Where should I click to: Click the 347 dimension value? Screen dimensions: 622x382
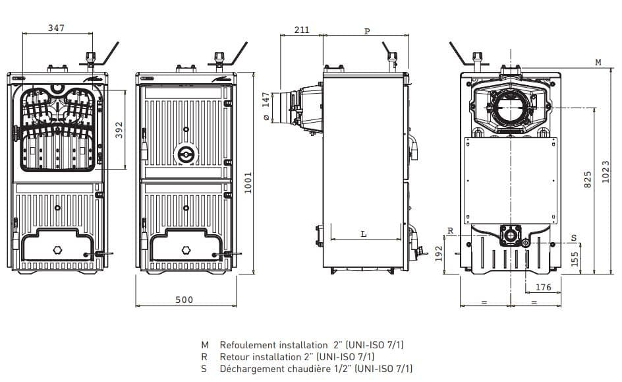coord(56,28)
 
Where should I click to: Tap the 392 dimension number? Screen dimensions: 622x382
coord(119,130)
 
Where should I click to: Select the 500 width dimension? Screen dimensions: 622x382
coord(184,300)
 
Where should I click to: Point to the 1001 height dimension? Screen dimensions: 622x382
coord(248,182)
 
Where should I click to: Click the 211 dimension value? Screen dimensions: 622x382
coord(302,30)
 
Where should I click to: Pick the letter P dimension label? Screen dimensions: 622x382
coord(367,31)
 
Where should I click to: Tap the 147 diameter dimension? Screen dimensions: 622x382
coord(266,106)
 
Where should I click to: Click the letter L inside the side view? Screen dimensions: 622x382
coord(364,234)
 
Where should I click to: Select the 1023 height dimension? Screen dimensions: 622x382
coord(606,172)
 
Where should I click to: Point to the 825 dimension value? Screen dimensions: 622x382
coord(588,179)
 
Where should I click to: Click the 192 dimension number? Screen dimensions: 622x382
coord(439,253)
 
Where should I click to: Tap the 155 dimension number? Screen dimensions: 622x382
coord(575,259)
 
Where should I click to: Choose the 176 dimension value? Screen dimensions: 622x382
coord(543,287)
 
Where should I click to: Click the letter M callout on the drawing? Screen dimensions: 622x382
coord(598,62)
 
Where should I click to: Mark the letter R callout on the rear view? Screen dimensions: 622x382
coord(450,231)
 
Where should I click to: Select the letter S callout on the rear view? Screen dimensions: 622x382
coord(574,238)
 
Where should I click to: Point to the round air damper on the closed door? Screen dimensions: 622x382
coord(186,154)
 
